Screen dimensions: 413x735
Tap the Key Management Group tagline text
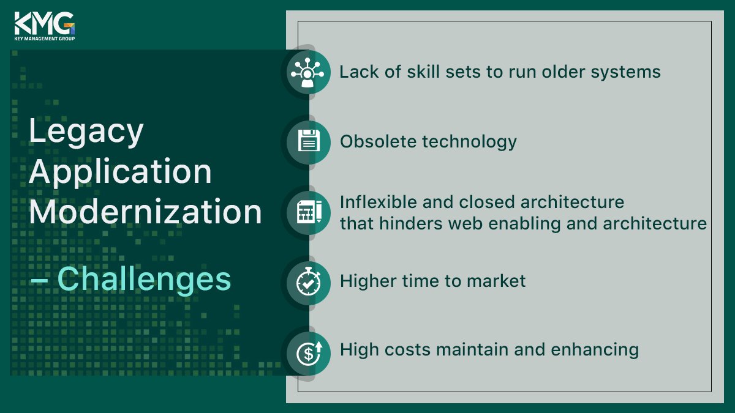[44, 38]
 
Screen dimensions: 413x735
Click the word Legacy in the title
[86, 132]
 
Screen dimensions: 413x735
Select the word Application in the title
[120, 172]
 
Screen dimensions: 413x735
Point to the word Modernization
[145, 212]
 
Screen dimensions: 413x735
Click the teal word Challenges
[144, 279]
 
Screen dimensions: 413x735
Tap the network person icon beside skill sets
[309, 72]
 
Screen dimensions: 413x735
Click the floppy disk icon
[309, 141]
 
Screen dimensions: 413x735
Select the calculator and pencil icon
[309, 212]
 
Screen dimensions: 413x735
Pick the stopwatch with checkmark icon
[309, 281]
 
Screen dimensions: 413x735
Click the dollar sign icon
[309, 351]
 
